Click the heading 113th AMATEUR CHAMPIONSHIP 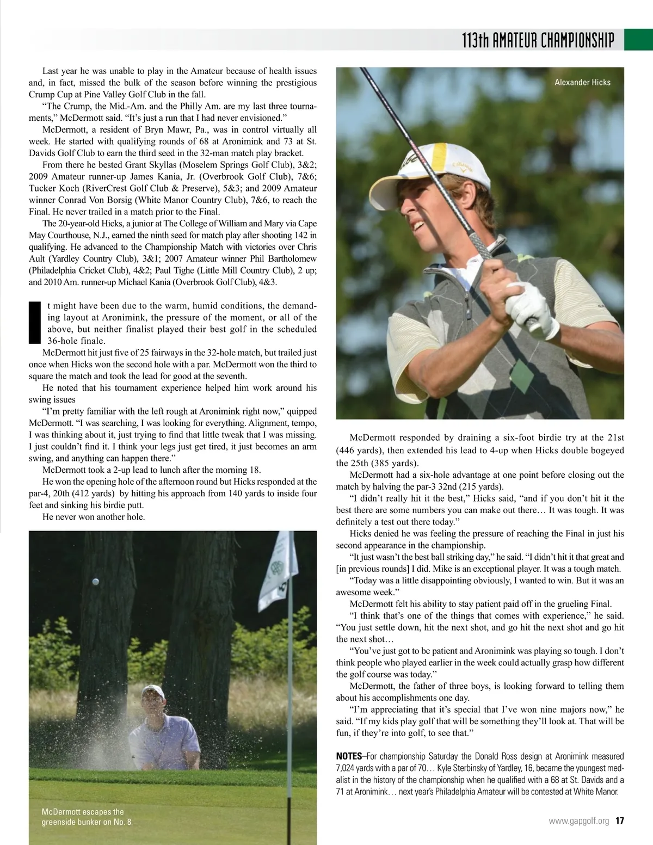coord(538,40)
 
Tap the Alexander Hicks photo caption coord(582,83)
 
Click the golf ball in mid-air coord(96,582)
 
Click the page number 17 coord(619,821)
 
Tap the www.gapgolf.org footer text coord(579,821)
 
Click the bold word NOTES coord(349,756)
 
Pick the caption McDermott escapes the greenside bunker coord(87,817)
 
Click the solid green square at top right coord(638,39)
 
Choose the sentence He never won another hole coord(94,517)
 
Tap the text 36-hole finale coord(76,341)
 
